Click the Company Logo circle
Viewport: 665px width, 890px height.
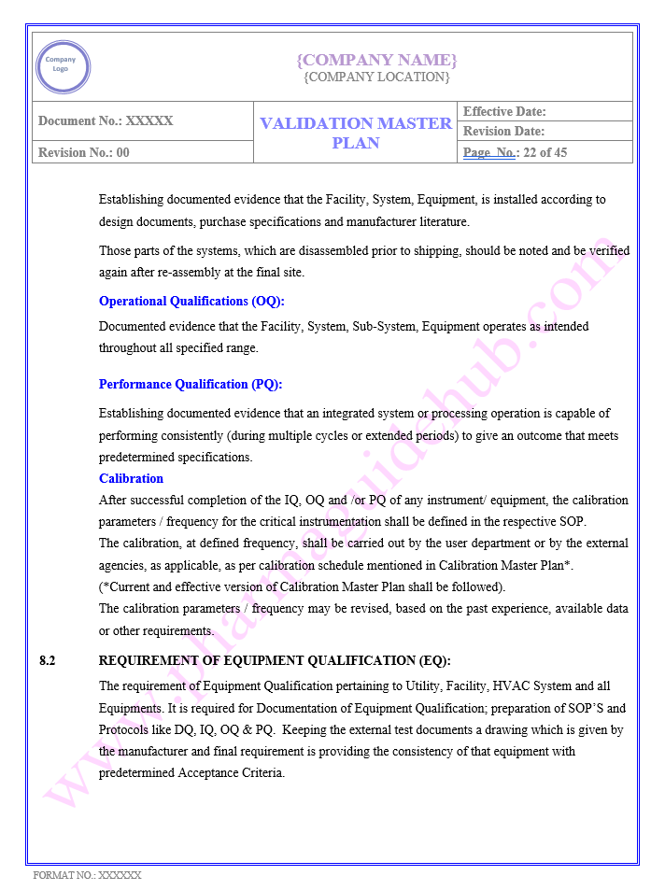[x=63, y=66]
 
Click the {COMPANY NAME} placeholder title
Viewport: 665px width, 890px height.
[x=376, y=60]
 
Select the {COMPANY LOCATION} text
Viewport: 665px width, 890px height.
[x=376, y=77]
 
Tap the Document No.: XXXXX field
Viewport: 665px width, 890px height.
[x=106, y=120]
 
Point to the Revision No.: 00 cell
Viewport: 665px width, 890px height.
[x=84, y=152]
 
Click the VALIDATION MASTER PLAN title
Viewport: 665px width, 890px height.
[x=356, y=133]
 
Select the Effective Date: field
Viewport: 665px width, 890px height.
[x=504, y=111]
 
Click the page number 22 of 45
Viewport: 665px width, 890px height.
[x=544, y=152]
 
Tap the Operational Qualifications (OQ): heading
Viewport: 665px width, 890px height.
[x=191, y=301]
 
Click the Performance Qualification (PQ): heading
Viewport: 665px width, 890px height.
[x=191, y=384]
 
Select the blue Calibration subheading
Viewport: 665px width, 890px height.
[x=131, y=478]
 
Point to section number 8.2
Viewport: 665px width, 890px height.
[x=48, y=660]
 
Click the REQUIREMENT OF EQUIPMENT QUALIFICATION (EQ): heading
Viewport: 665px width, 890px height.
[x=275, y=660]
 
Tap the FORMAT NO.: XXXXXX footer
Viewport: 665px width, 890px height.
[x=87, y=875]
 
